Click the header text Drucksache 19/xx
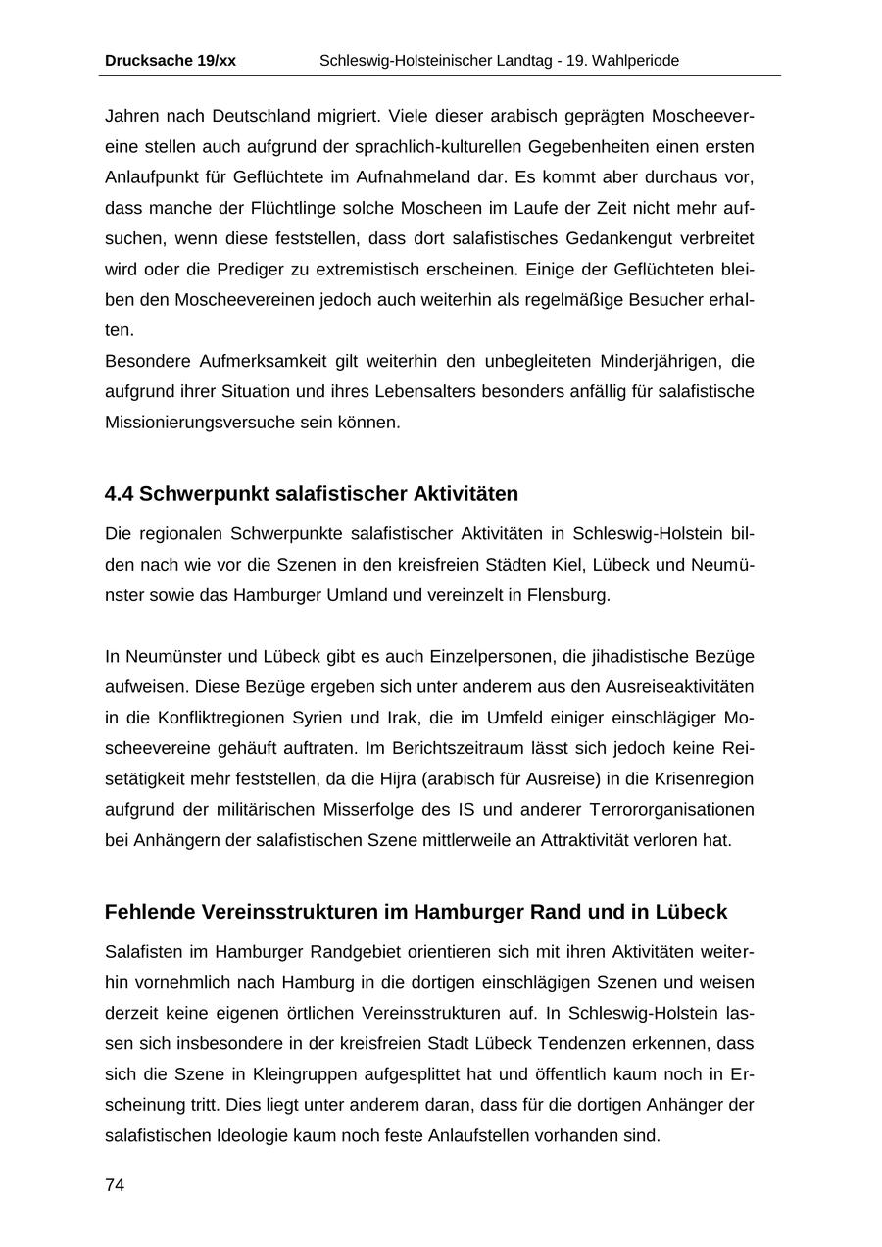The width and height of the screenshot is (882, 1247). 170,61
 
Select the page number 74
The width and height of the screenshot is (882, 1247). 115,1185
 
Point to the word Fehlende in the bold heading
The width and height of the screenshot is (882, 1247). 150,912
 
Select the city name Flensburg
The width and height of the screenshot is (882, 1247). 568,595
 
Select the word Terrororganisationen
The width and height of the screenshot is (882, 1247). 671,810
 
